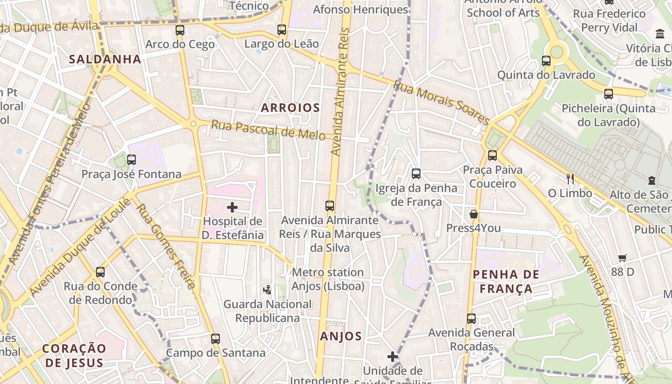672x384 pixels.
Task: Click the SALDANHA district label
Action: (x=105, y=60)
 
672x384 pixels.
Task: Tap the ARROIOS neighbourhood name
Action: (x=290, y=108)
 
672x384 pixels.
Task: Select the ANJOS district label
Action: (x=341, y=336)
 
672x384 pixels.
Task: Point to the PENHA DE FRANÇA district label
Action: (x=509, y=282)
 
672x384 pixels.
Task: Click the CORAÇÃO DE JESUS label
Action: (x=73, y=355)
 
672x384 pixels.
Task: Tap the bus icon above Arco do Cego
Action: (x=180, y=30)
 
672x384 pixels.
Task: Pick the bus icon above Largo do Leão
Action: (x=282, y=30)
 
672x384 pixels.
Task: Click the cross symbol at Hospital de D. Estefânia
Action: (x=232, y=207)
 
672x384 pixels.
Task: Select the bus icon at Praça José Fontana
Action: (x=132, y=160)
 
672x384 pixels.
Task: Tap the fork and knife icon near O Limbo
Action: (x=570, y=179)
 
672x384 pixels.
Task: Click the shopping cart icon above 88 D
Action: (x=623, y=258)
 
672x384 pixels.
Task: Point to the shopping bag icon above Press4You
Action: (x=474, y=214)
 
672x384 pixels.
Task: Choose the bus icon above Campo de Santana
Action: (x=216, y=339)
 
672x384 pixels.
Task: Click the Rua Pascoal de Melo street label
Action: (x=268, y=130)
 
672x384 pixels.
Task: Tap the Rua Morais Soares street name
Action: (x=441, y=103)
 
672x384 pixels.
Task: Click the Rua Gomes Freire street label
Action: (x=166, y=247)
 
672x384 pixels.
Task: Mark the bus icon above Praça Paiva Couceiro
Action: (x=492, y=156)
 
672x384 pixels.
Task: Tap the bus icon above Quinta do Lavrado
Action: (x=546, y=61)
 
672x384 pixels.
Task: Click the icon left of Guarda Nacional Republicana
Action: (x=267, y=289)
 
